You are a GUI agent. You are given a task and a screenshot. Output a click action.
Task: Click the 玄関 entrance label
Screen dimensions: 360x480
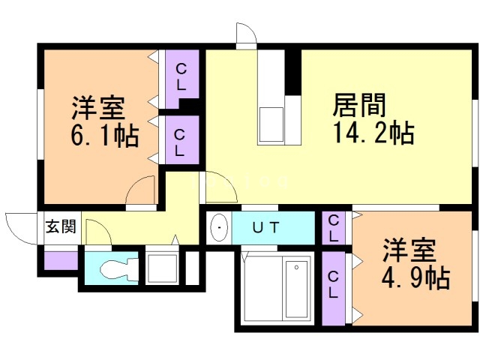pos(59,226)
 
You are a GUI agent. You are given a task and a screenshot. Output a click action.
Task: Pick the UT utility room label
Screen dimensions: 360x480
pos(265,228)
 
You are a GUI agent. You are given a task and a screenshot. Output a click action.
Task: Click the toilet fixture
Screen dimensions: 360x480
pos(112,268)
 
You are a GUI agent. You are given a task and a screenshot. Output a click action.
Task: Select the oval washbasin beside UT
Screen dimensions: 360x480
pos(219,228)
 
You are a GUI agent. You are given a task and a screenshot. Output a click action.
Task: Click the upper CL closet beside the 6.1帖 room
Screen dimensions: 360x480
pos(181,76)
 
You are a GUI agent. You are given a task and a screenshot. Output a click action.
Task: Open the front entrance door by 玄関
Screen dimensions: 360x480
pos(21,226)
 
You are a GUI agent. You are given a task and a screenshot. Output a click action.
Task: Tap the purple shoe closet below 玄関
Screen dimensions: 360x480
pos(59,260)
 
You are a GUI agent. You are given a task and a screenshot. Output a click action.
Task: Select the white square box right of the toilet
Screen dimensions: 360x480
pos(160,268)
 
